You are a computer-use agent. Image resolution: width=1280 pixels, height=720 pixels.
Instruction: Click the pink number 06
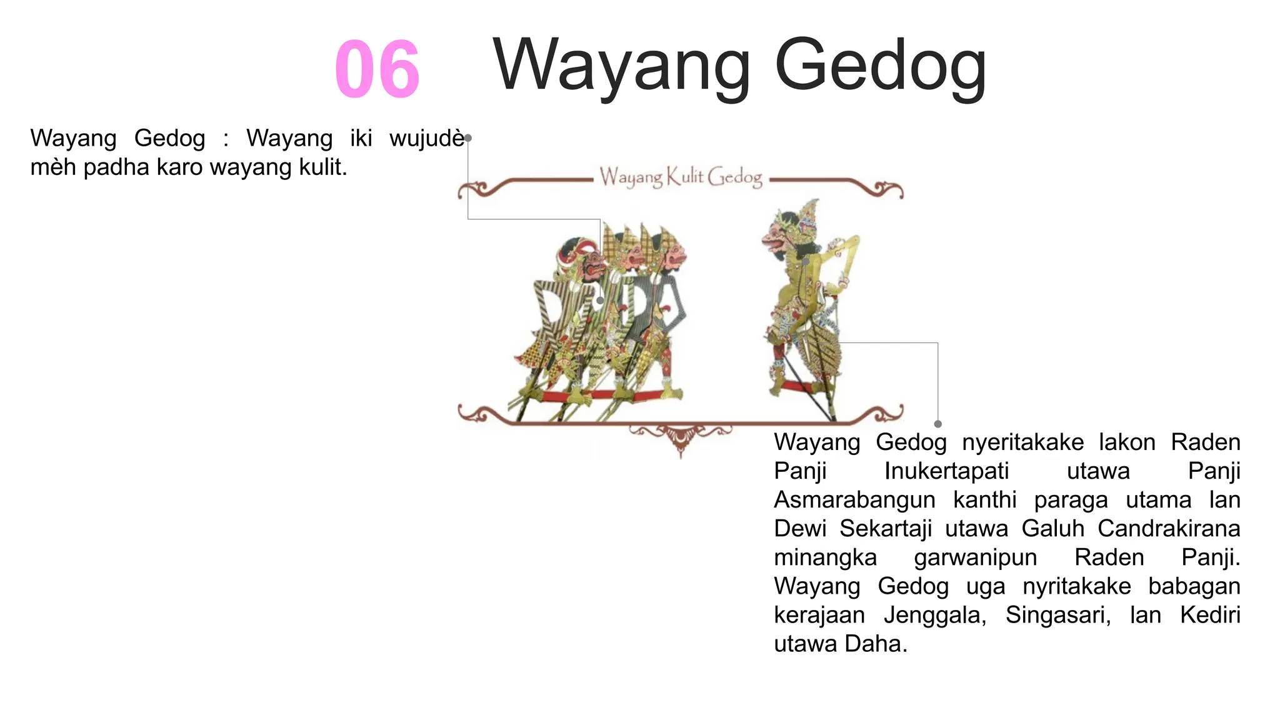[377, 69]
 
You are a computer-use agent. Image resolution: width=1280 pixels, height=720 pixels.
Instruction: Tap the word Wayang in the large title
[621, 66]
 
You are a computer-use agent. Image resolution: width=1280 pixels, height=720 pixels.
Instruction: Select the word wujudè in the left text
[426, 138]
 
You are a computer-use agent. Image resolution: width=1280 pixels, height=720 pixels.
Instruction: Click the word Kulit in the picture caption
[685, 177]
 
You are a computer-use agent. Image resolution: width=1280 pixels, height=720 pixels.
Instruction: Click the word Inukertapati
[946, 471]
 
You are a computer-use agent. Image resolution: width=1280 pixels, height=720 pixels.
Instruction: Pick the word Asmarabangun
[854, 500]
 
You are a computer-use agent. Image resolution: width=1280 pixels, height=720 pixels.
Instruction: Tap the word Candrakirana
[1168, 529]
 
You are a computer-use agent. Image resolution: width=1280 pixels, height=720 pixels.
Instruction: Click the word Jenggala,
[935, 615]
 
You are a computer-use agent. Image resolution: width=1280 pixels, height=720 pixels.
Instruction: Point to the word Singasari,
[1058, 615]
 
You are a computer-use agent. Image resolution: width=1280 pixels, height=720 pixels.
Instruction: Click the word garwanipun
[975, 557]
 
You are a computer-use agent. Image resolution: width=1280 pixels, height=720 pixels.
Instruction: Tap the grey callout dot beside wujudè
[468, 138]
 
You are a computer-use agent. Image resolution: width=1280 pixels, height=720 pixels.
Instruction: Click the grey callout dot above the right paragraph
[937, 424]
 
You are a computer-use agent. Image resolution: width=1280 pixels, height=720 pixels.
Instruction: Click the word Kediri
[1209, 615]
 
